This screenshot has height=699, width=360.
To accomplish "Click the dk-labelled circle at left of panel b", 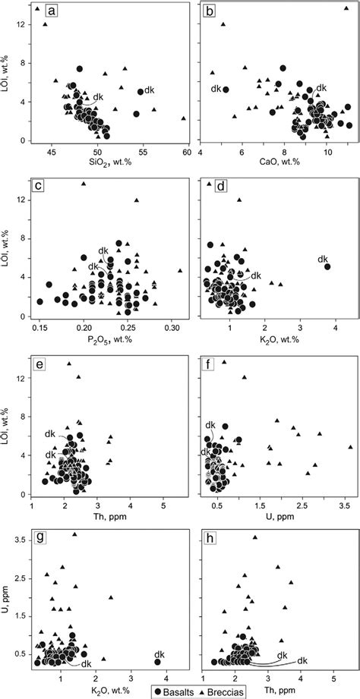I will pyautogui.click(x=226, y=90).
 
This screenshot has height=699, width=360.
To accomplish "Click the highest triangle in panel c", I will pyautogui.click(x=84, y=183).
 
